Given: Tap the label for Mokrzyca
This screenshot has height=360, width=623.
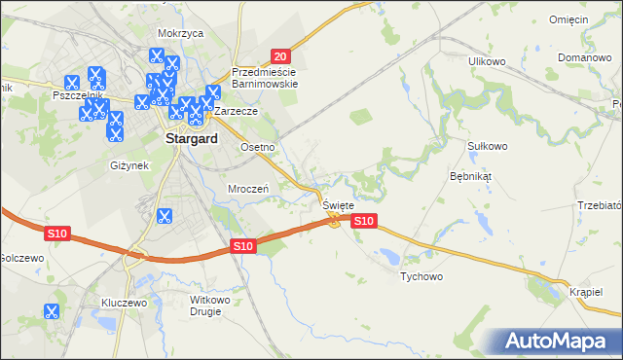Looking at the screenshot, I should (x=178, y=32).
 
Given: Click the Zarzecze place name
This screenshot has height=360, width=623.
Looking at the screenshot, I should (x=236, y=111).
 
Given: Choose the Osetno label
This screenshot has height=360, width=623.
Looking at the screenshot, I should (x=259, y=147).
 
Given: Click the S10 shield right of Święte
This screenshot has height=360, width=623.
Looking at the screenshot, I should (x=363, y=222).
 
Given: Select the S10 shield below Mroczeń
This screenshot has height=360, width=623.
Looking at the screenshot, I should (x=243, y=247).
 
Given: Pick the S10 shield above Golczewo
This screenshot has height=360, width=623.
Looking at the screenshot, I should (x=56, y=234).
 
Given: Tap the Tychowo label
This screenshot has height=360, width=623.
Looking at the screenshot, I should (x=421, y=277).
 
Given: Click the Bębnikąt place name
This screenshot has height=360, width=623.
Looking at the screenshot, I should (x=471, y=177).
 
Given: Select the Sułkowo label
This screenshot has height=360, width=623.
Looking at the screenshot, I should (x=488, y=146).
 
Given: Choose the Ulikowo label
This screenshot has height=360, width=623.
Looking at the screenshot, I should (x=488, y=61).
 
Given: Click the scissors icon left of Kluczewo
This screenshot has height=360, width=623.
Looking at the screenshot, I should (x=52, y=311).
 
